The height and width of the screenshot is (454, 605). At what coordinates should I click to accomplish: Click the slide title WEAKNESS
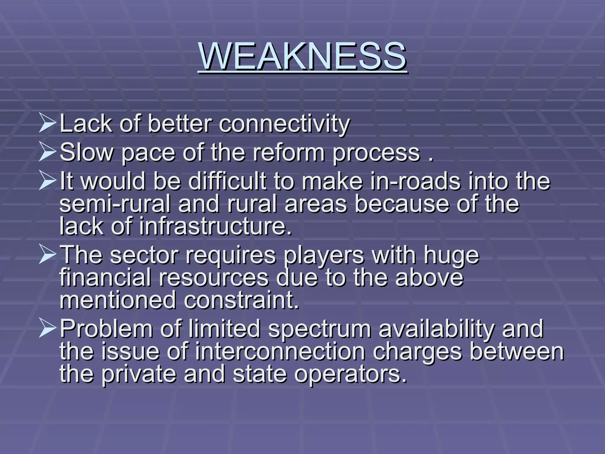(302, 56)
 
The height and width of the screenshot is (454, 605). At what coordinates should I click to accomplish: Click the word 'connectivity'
(284, 124)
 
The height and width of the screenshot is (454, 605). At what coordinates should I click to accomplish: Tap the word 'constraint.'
(242, 300)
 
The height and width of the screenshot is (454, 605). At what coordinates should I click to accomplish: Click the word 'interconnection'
(280, 352)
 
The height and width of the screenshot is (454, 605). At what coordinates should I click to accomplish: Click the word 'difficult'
(227, 181)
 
